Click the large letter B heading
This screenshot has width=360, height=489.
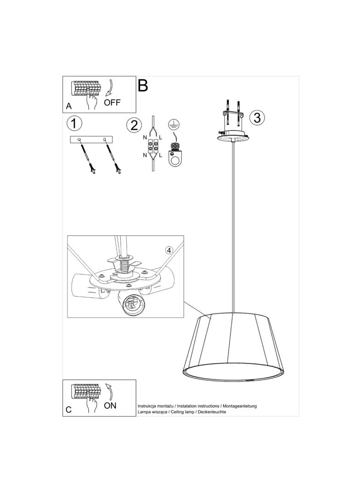point(142,85)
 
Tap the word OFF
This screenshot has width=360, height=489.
point(112,102)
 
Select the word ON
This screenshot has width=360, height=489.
point(110,406)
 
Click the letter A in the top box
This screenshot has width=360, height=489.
point(69,106)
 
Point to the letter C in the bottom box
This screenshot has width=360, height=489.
point(69,410)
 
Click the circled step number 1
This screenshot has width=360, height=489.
point(74,123)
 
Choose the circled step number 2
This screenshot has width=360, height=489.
point(134,125)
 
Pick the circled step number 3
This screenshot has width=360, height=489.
point(257,118)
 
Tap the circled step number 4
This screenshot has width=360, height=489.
point(169,250)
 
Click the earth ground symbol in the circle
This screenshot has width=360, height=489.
point(171,124)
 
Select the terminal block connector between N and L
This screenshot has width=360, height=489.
point(153,147)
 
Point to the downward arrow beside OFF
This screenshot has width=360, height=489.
point(110,88)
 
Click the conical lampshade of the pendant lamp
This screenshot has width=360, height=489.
point(233,347)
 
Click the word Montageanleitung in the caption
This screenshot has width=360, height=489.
point(240,406)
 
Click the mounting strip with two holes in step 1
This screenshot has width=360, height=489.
point(91,139)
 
